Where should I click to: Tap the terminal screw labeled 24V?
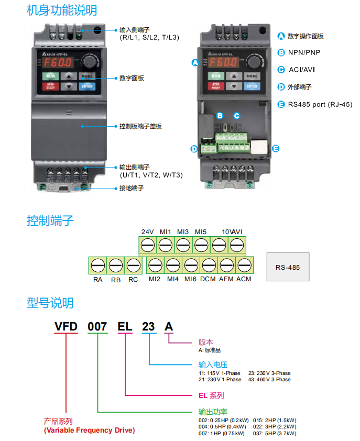[147, 245]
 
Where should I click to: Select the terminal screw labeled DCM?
[208, 264]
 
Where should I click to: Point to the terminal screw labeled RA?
[97, 264]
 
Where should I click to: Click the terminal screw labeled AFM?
[226, 264]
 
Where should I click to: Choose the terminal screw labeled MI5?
[201, 245]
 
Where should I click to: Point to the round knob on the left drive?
[89, 62]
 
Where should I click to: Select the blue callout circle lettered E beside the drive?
[276, 148]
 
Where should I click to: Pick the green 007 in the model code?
[97, 327]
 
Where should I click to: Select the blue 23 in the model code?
[149, 327]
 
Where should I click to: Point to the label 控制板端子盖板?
[140, 126]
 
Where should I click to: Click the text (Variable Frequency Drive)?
[89, 431]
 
